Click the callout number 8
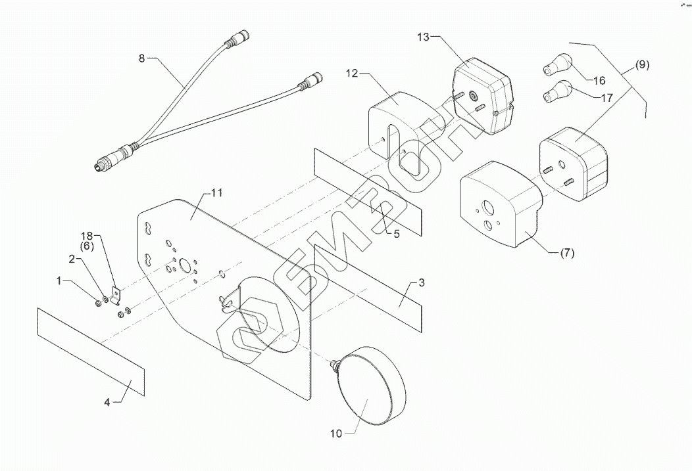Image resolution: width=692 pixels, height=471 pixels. click(x=141, y=58)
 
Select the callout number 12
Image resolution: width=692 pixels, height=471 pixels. click(x=352, y=73)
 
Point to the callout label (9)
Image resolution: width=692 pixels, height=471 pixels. click(x=642, y=64)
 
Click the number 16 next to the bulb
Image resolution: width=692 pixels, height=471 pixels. click(x=599, y=81)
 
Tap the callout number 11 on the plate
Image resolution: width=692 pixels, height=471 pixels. click(x=217, y=193)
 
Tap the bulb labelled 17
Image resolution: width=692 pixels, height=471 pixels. click(x=557, y=91)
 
